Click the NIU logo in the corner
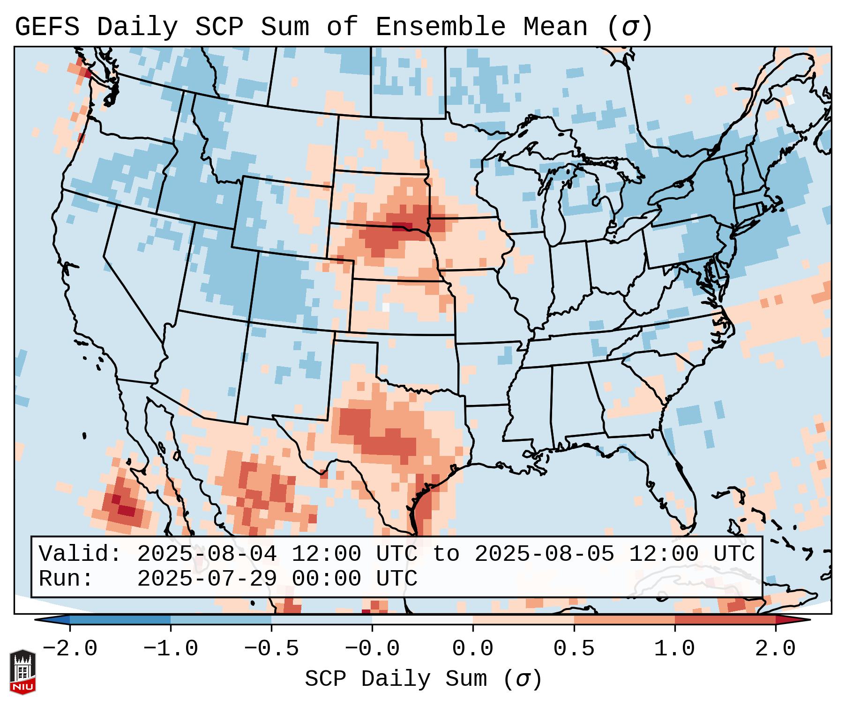tap(22, 671)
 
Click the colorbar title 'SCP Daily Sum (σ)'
tap(423, 679)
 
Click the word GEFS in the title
tap(47, 27)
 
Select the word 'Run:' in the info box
tap(66, 579)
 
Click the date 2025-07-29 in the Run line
tap(207, 579)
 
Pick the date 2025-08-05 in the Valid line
tap(544, 554)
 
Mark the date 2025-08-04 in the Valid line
tap(207, 554)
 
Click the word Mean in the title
tap(555, 27)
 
